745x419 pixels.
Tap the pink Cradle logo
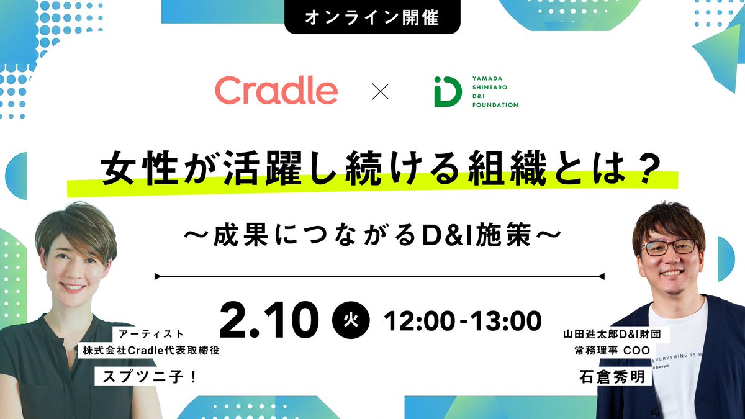coord(276,91)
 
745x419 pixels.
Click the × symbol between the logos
coord(379,92)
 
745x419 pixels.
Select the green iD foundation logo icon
coord(447,92)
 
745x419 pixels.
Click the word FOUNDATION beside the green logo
coord(494,105)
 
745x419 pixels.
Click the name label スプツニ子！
coord(148,376)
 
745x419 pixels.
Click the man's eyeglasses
coord(669,246)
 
